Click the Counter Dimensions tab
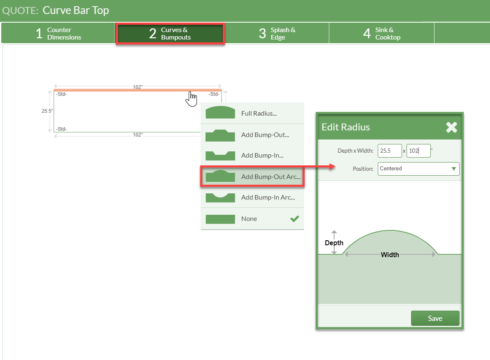[58, 33]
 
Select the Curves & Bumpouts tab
[170, 33]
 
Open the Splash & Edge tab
[277, 33]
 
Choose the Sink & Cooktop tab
[381, 33]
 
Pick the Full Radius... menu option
[252, 114]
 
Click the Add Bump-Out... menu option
[252, 135]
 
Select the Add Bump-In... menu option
[252, 156]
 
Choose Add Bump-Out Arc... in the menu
[252, 177]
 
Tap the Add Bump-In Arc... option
[252, 197]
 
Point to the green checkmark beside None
[294, 219]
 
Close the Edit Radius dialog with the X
[451, 127]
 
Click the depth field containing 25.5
[390, 151]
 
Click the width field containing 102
[418, 151]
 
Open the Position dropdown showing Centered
[418, 169]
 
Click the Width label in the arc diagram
[390, 255]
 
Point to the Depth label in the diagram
[334, 243]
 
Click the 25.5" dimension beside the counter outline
[47, 111]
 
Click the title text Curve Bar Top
[76, 10]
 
